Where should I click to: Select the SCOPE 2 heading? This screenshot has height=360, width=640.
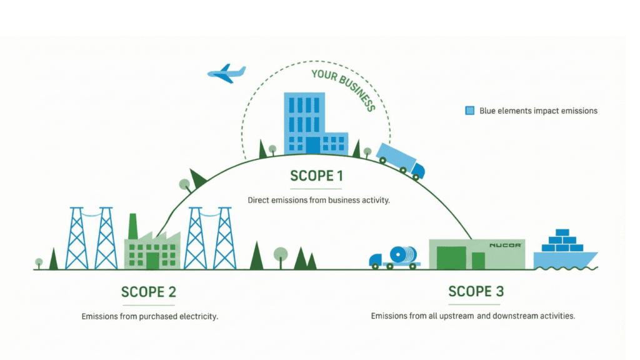tap(149, 292)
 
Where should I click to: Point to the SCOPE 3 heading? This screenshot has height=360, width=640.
tap(476, 291)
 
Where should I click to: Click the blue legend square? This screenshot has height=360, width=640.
tap(469, 111)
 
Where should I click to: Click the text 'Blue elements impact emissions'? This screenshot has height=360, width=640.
tap(538, 111)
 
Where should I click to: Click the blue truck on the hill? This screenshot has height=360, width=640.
tap(400, 160)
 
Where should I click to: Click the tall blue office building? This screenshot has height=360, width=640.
tap(304, 122)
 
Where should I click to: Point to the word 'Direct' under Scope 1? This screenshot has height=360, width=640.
tap(259, 201)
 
